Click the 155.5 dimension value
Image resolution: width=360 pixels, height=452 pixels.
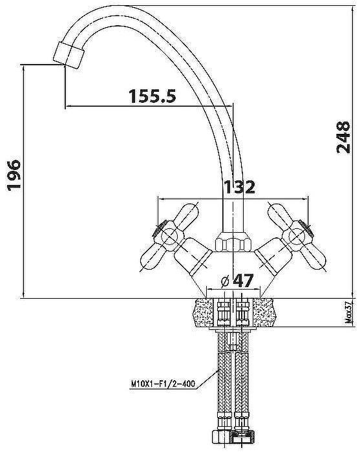152,96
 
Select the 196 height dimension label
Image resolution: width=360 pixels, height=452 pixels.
14,175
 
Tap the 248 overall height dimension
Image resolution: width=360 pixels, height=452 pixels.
343,137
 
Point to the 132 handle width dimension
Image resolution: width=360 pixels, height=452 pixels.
239,187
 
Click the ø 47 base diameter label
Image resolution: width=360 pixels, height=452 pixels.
237,281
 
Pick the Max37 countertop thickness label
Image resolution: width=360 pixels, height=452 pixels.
349,312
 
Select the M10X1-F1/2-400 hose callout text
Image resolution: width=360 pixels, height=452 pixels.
163,383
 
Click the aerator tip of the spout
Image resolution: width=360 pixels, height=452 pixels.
69,56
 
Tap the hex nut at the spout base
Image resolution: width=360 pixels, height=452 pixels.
233,242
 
